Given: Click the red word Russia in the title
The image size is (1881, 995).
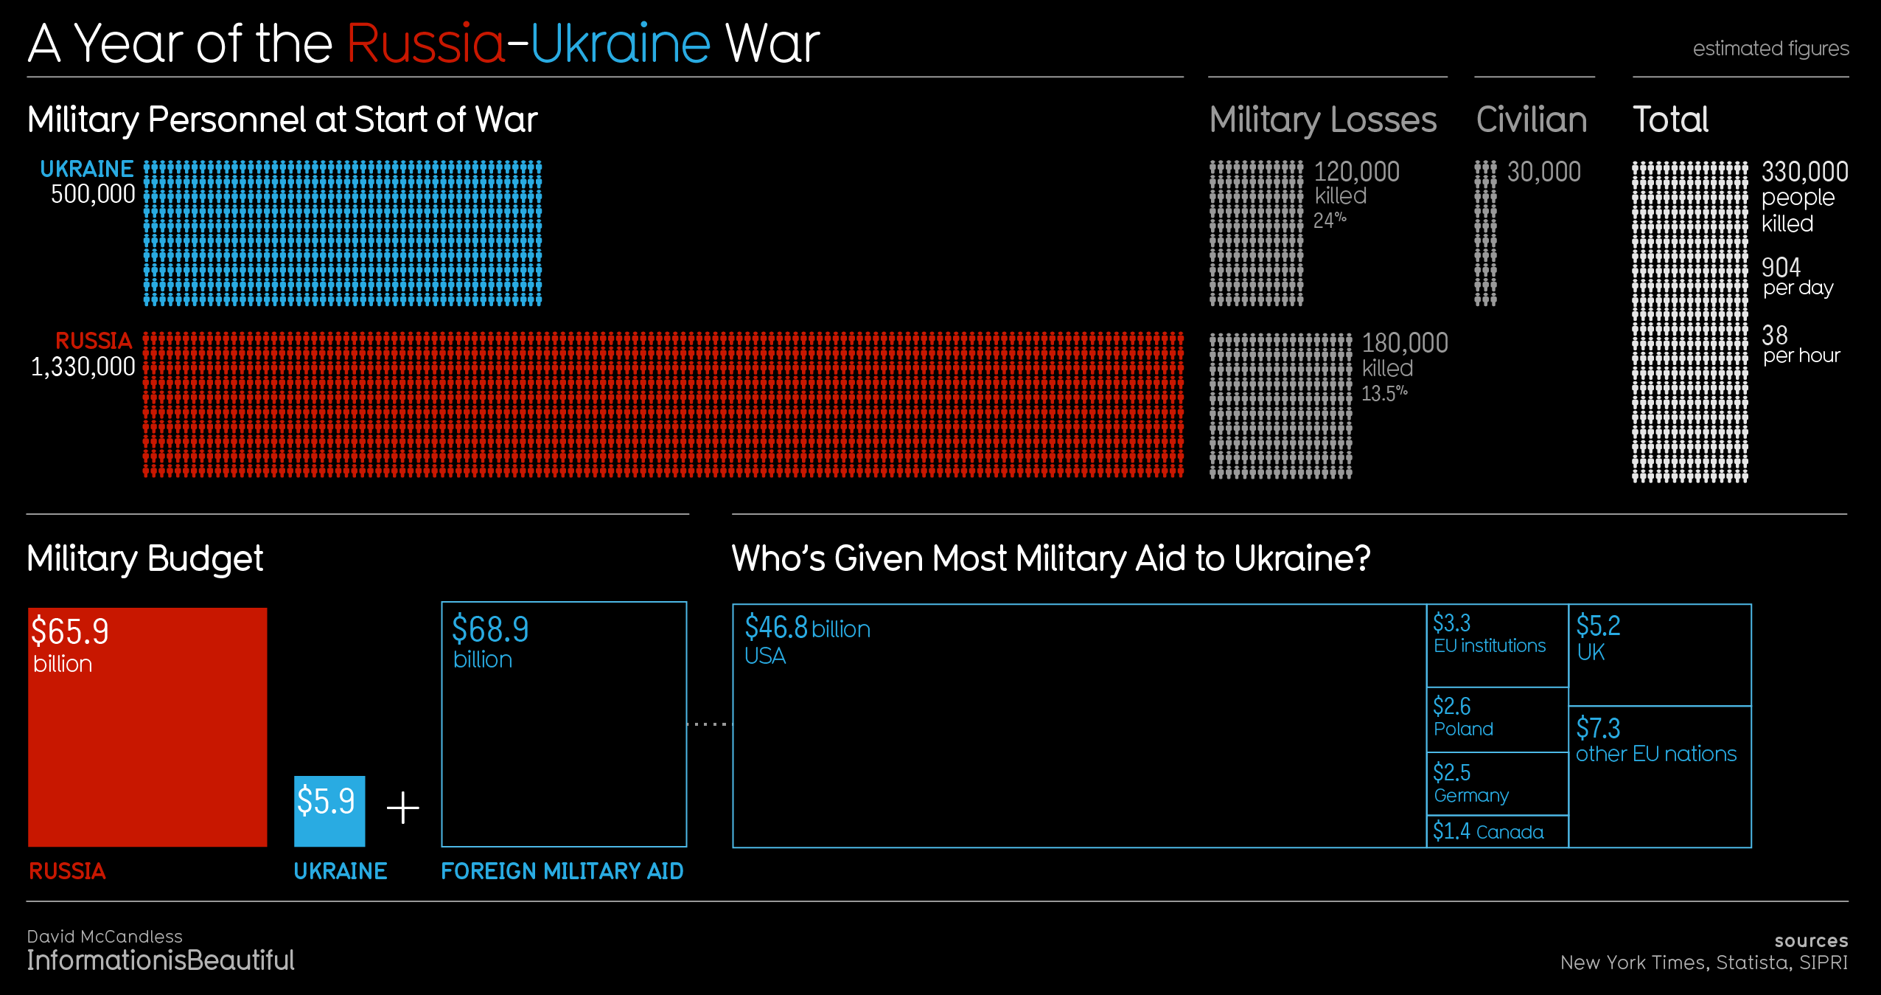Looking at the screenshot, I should tap(425, 44).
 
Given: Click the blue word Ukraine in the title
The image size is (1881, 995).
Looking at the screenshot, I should tap(620, 44).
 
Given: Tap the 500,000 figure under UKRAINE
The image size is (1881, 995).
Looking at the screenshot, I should tap(93, 195).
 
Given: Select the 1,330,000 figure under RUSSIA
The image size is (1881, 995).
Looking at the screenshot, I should tap(83, 367).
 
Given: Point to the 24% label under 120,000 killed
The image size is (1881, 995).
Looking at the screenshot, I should tap(1329, 221).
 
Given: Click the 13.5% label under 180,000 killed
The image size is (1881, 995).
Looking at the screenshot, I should tap(1383, 393).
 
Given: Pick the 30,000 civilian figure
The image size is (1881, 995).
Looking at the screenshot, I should tap(1543, 173).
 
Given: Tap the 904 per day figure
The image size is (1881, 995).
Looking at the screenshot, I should tap(1781, 268).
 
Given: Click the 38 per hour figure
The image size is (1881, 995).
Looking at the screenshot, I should tap(1775, 336).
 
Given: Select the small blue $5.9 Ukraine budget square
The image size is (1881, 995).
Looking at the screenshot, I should tap(329, 810).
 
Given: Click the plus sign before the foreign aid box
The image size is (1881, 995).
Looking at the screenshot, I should tap(403, 808).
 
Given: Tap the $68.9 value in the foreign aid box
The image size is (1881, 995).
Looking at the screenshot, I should tap(490, 630).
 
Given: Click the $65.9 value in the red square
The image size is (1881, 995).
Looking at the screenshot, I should tap(70, 632).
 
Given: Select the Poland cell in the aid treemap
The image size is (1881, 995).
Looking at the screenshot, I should tap(1496, 719).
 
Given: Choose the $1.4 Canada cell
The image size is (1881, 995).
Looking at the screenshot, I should tap(1496, 832).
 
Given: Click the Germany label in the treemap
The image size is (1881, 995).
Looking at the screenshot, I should tap(1471, 796).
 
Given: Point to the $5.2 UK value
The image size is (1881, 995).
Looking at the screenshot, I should tap(1598, 626).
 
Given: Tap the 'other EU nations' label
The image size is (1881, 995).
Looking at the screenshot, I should tap(1656, 754).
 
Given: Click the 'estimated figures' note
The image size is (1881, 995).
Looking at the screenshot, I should tap(1770, 49).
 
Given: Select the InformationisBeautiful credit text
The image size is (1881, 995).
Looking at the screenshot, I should tap(161, 960).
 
